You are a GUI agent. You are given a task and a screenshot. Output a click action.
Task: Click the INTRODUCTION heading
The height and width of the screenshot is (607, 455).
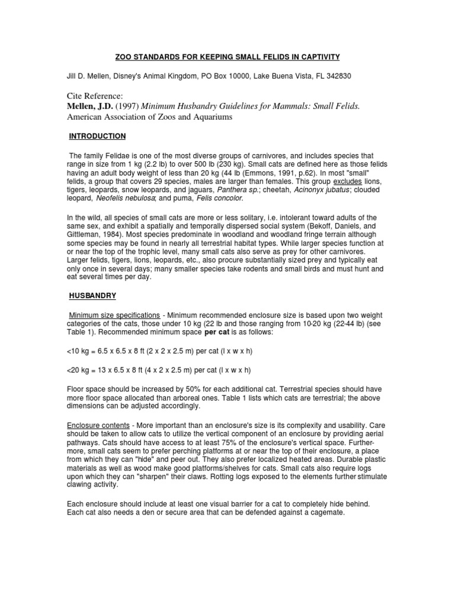pyautogui.click(x=98, y=136)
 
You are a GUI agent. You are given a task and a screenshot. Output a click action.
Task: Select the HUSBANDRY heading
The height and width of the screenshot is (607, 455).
pyautogui.click(x=93, y=295)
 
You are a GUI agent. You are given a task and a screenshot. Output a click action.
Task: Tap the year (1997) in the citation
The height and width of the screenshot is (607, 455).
pyautogui.click(x=124, y=106)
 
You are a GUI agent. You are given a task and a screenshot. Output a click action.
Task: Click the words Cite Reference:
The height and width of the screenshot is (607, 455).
pyautogui.click(x=98, y=95)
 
